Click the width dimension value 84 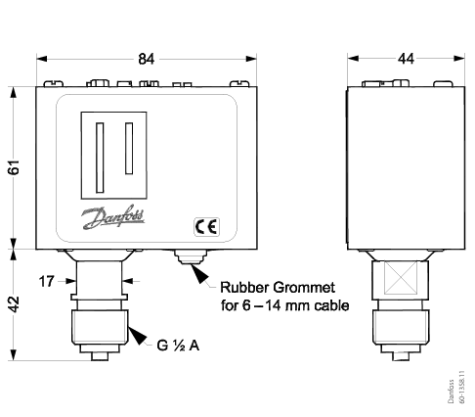(146, 61)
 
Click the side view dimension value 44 (404, 61)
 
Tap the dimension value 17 (46, 282)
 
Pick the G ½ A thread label (182, 345)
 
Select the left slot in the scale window (98, 157)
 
